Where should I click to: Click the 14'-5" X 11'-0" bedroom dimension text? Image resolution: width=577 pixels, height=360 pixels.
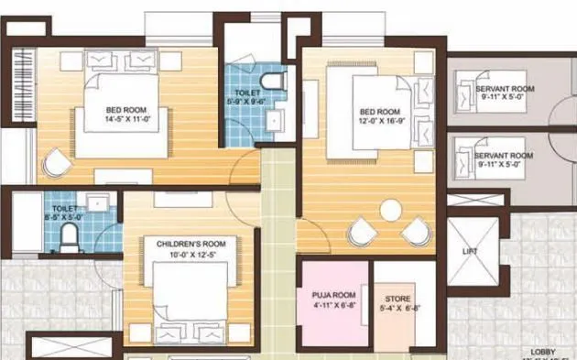(125, 118)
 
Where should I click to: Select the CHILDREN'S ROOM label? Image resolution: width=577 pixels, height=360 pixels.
(191, 243)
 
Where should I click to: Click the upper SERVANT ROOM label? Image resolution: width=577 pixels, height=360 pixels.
(504, 89)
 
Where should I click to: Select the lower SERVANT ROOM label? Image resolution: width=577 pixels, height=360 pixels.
(504, 156)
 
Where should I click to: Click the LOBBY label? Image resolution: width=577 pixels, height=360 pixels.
(544, 351)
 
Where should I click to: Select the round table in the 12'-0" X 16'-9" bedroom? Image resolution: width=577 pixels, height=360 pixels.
(391, 210)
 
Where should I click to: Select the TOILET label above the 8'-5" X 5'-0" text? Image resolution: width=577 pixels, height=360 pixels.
(65, 208)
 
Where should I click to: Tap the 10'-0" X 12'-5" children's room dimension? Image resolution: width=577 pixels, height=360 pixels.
(191, 254)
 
